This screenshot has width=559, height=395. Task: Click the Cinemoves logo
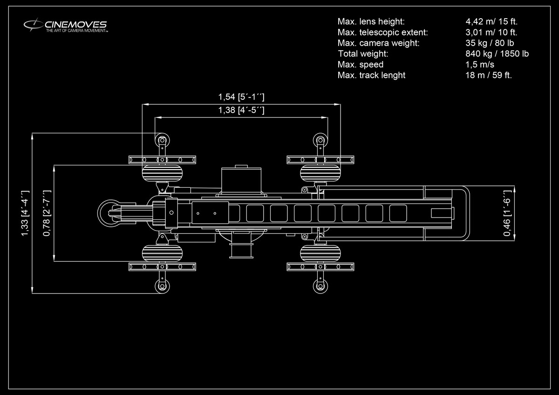(x=66, y=25)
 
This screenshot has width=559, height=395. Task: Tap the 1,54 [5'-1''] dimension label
(x=241, y=97)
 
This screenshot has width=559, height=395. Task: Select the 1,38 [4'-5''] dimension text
(x=241, y=110)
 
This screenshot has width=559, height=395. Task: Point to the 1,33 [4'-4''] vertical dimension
(x=25, y=213)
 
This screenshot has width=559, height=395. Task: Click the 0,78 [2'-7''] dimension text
(x=47, y=213)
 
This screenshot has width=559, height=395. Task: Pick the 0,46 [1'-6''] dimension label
(x=507, y=213)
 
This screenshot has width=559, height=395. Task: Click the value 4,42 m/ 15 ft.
(x=491, y=21)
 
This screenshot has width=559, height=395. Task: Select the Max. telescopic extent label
(x=382, y=33)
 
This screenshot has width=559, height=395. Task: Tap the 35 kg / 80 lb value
(x=490, y=43)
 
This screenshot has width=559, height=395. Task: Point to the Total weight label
(x=363, y=54)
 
